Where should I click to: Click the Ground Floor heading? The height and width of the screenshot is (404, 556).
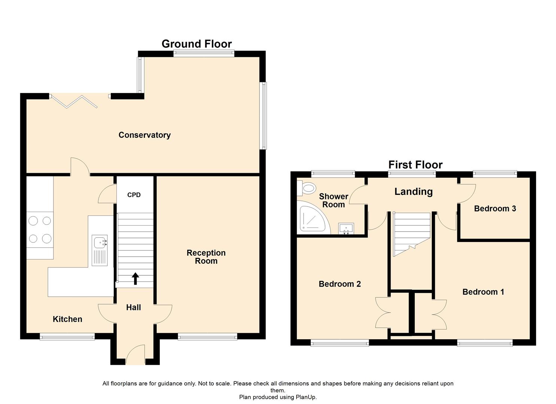(x=197, y=44)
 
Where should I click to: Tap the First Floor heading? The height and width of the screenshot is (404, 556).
(x=415, y=165)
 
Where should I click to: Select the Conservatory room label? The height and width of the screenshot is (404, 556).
(x=145, y=135)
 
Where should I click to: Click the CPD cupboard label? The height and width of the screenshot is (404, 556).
(x=134, y=195)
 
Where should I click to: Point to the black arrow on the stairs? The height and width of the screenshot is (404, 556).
(x=135, y=279)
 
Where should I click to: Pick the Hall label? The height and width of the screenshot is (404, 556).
(x=134, y=307)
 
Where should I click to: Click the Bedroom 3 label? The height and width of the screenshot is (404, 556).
(x=495, y=209)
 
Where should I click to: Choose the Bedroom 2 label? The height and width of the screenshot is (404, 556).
(x=340, y=284)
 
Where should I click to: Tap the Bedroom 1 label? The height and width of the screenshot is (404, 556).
(x=483, y=292)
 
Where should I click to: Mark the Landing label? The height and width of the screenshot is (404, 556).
(x=413, y=192)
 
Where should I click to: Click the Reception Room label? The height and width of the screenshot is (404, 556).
(x=206, y=257)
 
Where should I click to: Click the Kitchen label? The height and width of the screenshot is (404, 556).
(x=67, y=319)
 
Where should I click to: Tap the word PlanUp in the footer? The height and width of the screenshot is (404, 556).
(x=306, y=397)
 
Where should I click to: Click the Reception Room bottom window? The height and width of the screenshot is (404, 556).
(x=207, y=337)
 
